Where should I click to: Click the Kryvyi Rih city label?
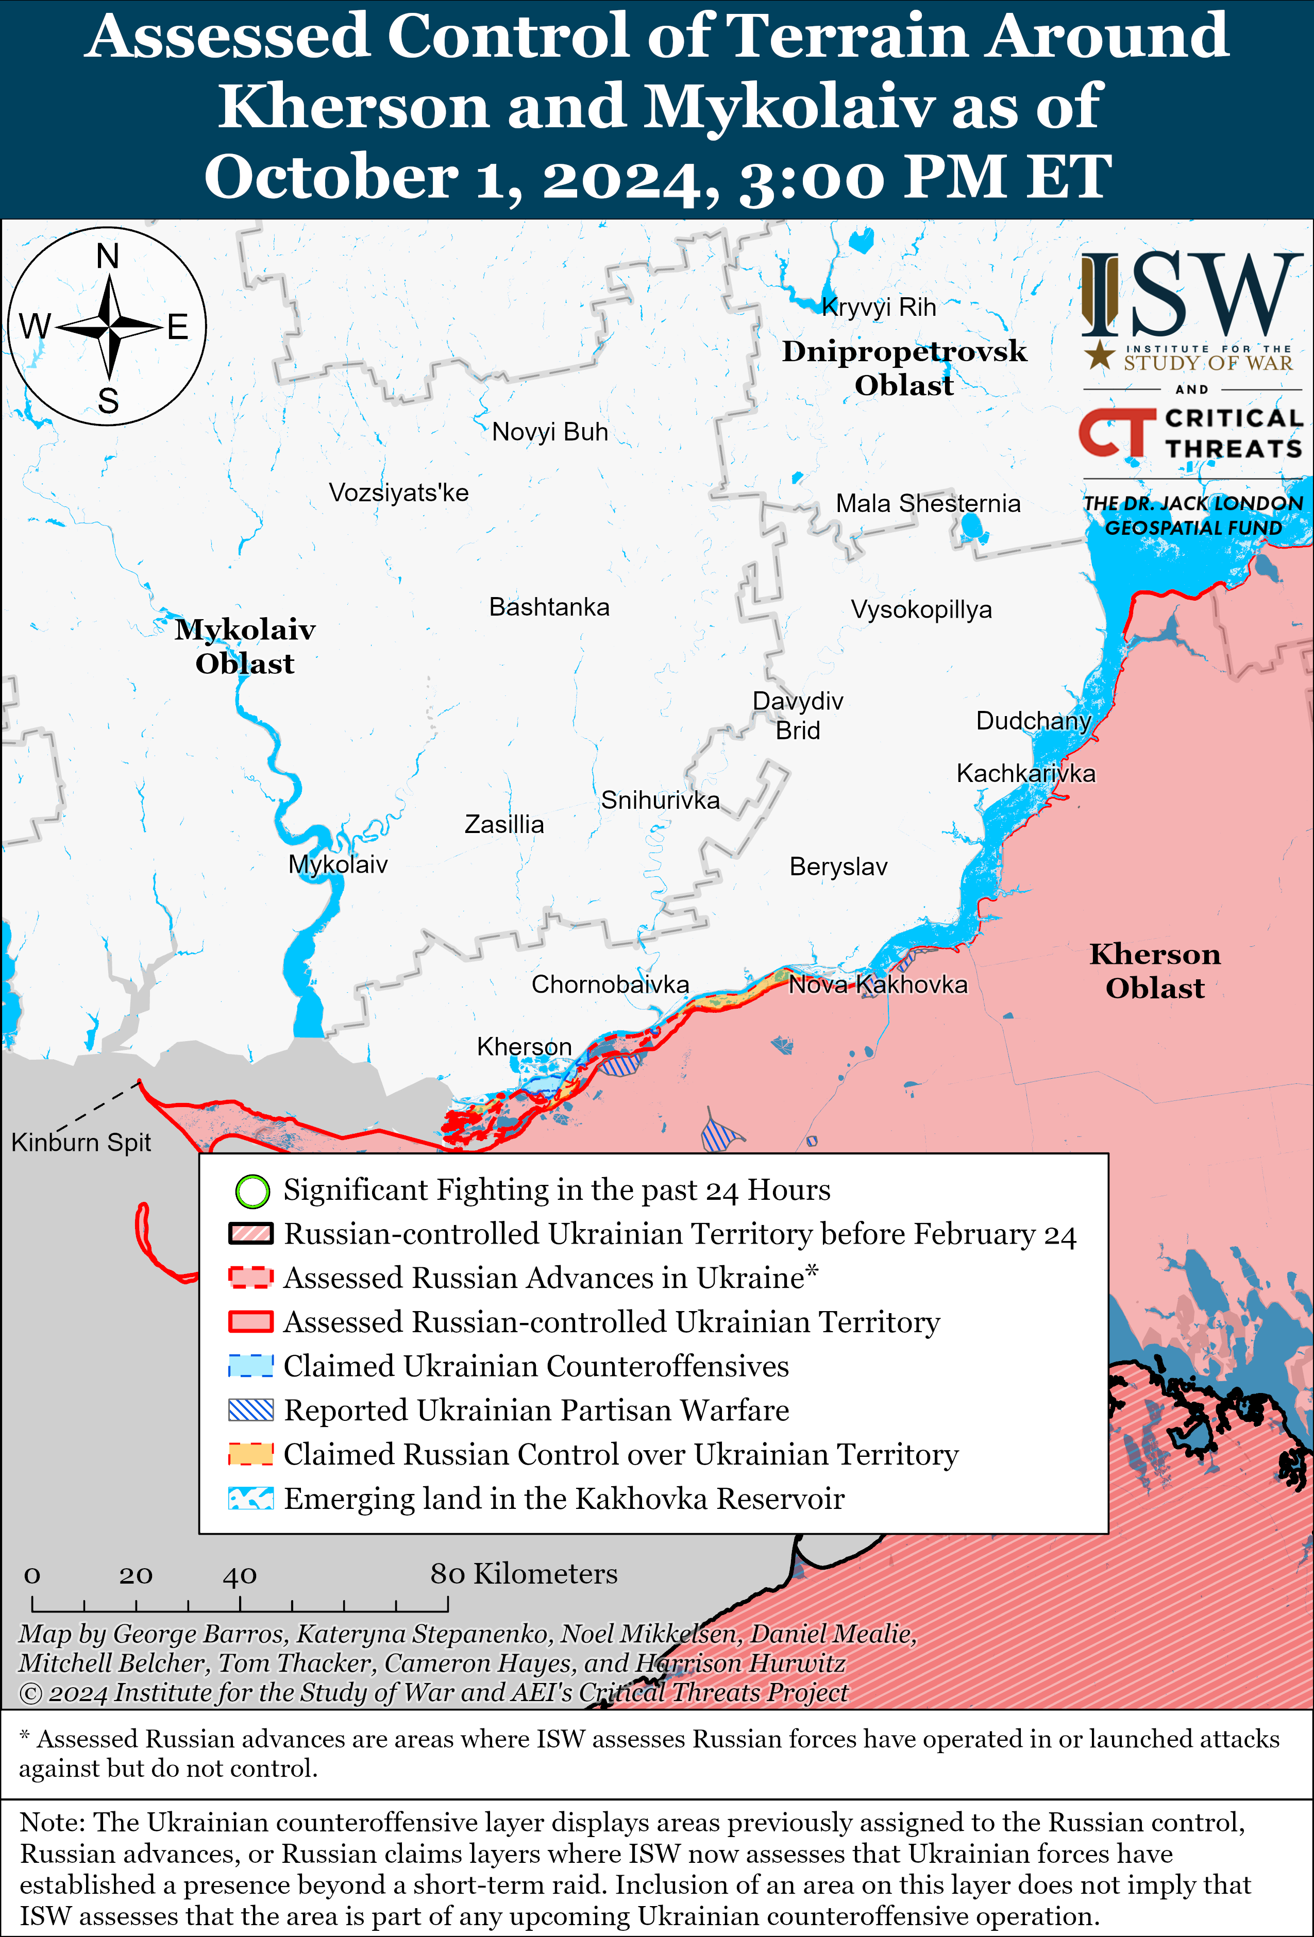878,308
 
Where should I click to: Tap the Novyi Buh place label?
549,432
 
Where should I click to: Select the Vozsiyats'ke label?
398,492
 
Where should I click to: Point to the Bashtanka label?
549,607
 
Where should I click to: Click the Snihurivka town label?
660,800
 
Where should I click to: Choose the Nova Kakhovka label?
878,984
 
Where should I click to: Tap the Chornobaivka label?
610,984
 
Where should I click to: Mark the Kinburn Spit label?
81,1142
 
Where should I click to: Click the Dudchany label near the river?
1033,720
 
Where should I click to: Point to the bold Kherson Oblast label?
1155,971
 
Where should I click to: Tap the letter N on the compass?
108,256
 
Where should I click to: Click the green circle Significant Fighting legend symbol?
252,1191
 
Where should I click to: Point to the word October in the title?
330,177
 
